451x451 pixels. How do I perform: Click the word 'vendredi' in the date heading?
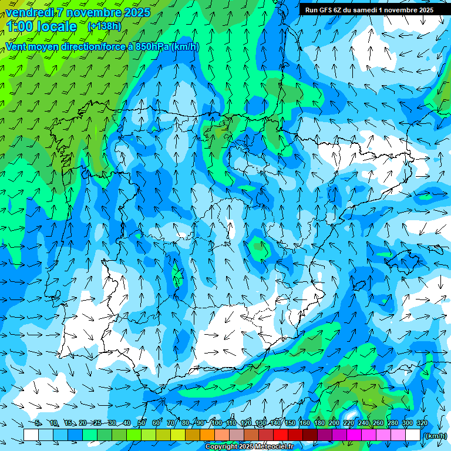click(30, 12)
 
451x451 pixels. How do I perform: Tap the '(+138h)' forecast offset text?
click(104, 26)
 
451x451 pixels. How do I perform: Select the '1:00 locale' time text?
click(42, 26)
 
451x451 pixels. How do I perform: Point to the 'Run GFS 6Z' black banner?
click(369, 9)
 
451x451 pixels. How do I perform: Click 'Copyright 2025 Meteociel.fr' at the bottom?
click(249, 447)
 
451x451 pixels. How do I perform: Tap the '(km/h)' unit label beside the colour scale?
click(435, 436)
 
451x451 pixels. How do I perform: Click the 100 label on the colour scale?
click(216, 423)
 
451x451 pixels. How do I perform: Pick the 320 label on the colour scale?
click(422, 423)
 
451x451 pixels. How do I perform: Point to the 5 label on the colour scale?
click(38, 423)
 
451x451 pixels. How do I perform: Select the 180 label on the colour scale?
click(319, 423)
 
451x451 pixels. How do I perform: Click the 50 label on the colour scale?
click(142, 423)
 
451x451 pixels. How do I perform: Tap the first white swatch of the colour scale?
click(31, 435)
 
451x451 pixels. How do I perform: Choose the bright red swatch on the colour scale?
click(280, 435)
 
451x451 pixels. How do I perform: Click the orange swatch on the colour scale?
click(207, 435)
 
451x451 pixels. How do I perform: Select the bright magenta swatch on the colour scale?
click(354, 435)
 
